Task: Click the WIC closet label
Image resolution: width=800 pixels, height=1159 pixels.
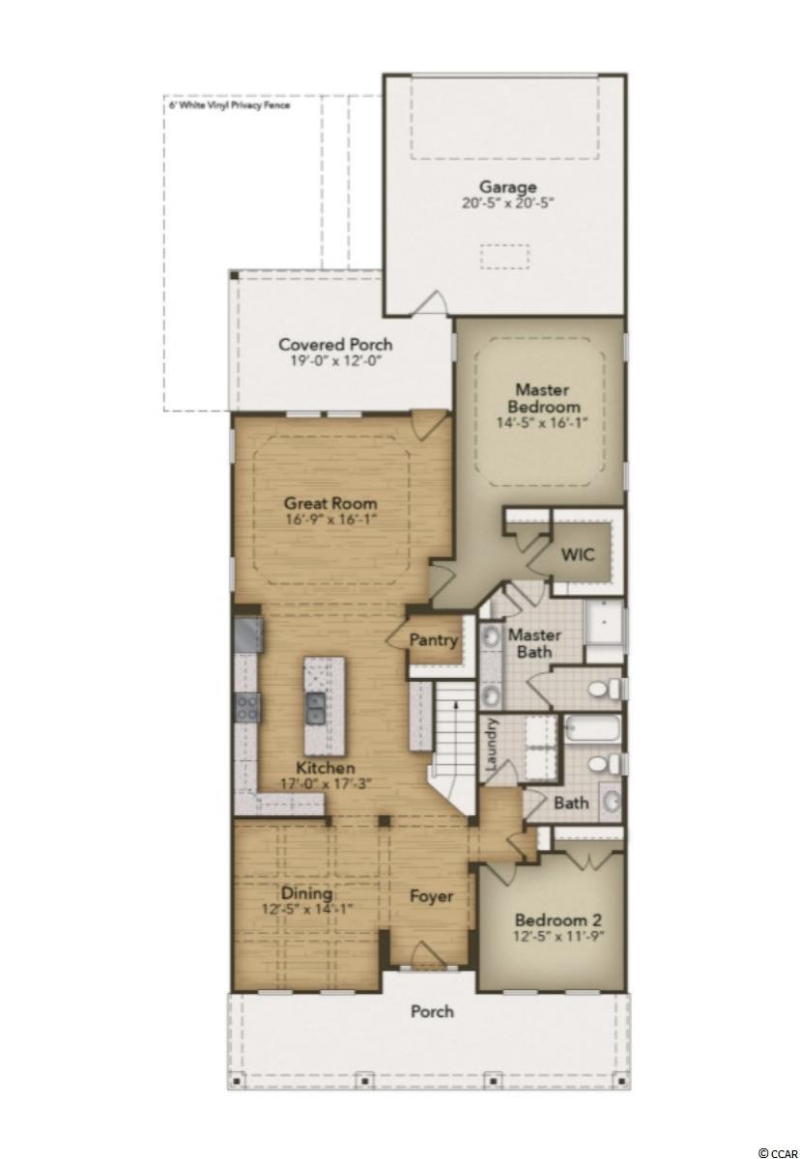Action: click(578, 554)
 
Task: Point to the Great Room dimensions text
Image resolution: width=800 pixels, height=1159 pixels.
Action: click(329, 519)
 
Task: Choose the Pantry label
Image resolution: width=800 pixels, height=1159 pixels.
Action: click(434, 640)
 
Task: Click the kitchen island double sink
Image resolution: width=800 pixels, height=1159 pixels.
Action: click(315, 708)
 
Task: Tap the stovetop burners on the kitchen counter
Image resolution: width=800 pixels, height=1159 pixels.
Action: click(248, 707)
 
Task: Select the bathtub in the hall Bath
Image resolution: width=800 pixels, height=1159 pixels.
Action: click(591, 728)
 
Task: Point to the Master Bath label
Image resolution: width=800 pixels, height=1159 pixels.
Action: click(534, 642)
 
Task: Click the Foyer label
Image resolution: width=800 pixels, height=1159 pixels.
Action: click(432, 895)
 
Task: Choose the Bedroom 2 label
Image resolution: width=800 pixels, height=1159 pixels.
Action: click(557, 919)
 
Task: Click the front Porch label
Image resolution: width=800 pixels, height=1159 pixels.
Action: click(432, 1010)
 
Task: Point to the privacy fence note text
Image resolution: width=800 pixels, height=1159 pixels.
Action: click(229, 105)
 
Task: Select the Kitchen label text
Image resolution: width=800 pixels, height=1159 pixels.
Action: click(326, 767)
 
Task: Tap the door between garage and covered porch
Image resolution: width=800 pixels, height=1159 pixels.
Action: click(432, 302)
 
